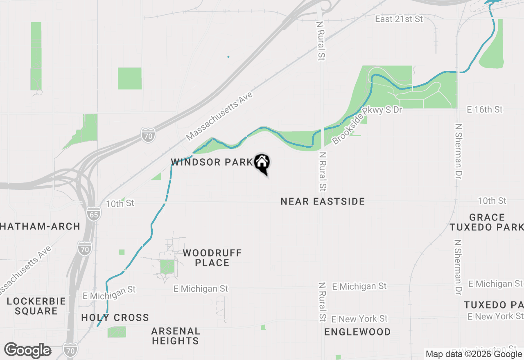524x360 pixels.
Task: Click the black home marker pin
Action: pos(262,163)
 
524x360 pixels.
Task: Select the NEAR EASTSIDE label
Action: pos(323,201)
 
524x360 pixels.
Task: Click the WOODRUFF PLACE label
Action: pos(212,258)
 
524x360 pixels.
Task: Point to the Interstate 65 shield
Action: pos(93,214)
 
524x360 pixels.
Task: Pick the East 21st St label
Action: pos(399,19)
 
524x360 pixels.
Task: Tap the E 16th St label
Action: pos(485,110)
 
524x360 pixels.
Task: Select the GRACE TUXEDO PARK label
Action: pos(487,222)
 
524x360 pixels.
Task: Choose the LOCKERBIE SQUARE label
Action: pos(36,306)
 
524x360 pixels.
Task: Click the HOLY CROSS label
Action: pos(115,317)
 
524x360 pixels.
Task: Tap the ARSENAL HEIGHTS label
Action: pos(175,335)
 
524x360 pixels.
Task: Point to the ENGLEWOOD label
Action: pos(357,332)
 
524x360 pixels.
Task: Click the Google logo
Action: pos(28,351)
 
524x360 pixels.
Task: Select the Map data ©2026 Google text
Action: pos(474,354)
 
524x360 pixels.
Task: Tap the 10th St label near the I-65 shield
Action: pos(120,203)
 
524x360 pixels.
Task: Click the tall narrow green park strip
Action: pos(36,56)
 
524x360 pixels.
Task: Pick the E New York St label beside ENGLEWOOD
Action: pos(359,319)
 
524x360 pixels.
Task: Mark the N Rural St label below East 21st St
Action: pos(321,40)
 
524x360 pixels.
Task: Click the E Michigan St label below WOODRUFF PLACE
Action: pos(201,289)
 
